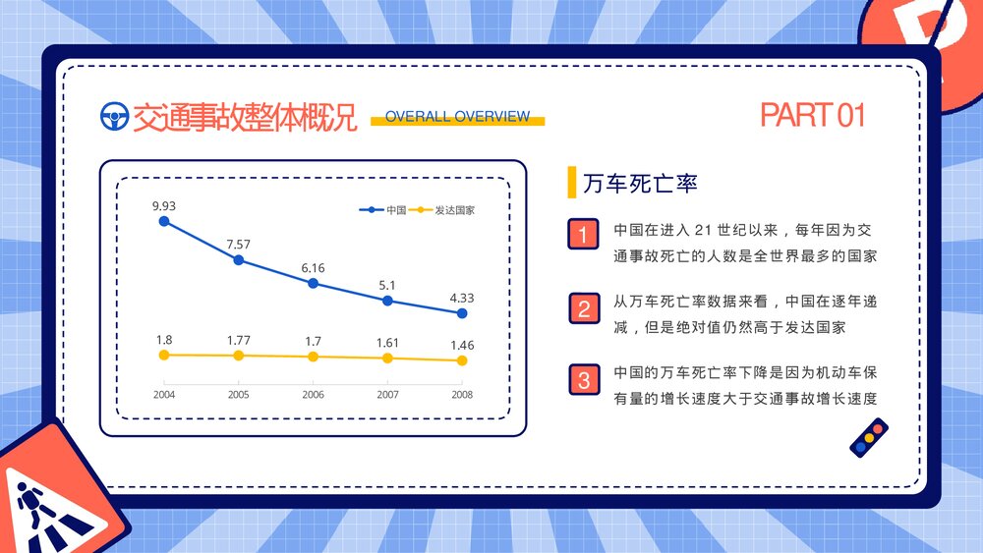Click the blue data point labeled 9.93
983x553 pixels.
pos(164,222)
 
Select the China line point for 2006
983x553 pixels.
pos(313,283)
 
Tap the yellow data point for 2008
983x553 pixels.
pos(462,360)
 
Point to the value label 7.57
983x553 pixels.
pos(238,244)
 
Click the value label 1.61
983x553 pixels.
pos(387,343)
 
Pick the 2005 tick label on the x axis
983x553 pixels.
pos(238,395)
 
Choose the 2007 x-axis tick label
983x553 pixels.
pos(387,395)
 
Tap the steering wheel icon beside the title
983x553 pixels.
pos(115,117)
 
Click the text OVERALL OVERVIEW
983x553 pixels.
pos(457,116)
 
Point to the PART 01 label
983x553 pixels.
pos(812,115)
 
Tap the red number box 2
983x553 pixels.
pos(584,308)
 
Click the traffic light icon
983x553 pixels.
pos(868,438)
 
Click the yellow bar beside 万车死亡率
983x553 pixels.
pos(571,183)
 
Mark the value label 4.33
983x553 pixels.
pos(462,298)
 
